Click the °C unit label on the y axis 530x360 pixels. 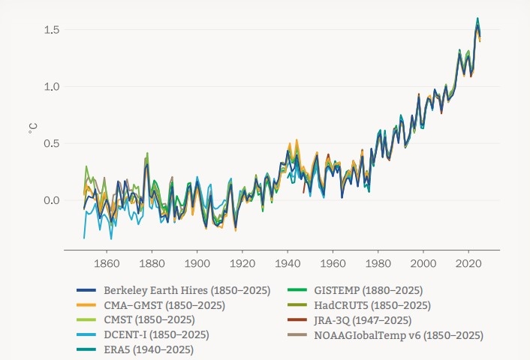(32, 129)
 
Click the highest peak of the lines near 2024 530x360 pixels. (477, 18)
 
